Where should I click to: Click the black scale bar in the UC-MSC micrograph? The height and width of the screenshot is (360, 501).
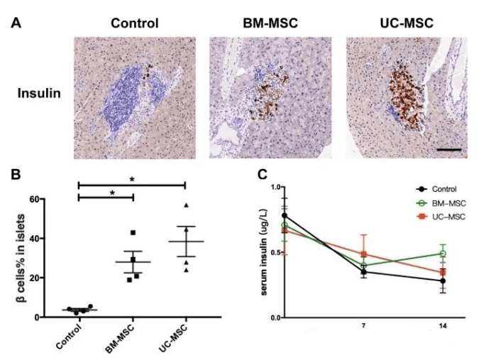pyautogui.click(x=450, y=150)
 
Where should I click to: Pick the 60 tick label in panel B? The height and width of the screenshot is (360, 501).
pyautogui.click(x=31, y=199)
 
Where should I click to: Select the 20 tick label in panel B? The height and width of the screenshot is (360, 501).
pyautogui.click(x=31, y=278)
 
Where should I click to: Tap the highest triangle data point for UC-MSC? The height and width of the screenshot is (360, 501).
pyautogui.click(x=186, y=206)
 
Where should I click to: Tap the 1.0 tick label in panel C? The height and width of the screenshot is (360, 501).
pyautogui.click(x=268, y=187)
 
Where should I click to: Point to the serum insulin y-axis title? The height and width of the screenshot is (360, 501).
pyautogui.click(x=263, y=252)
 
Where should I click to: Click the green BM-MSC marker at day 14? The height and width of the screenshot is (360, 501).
pyautogui.click(x=443, y=253)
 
